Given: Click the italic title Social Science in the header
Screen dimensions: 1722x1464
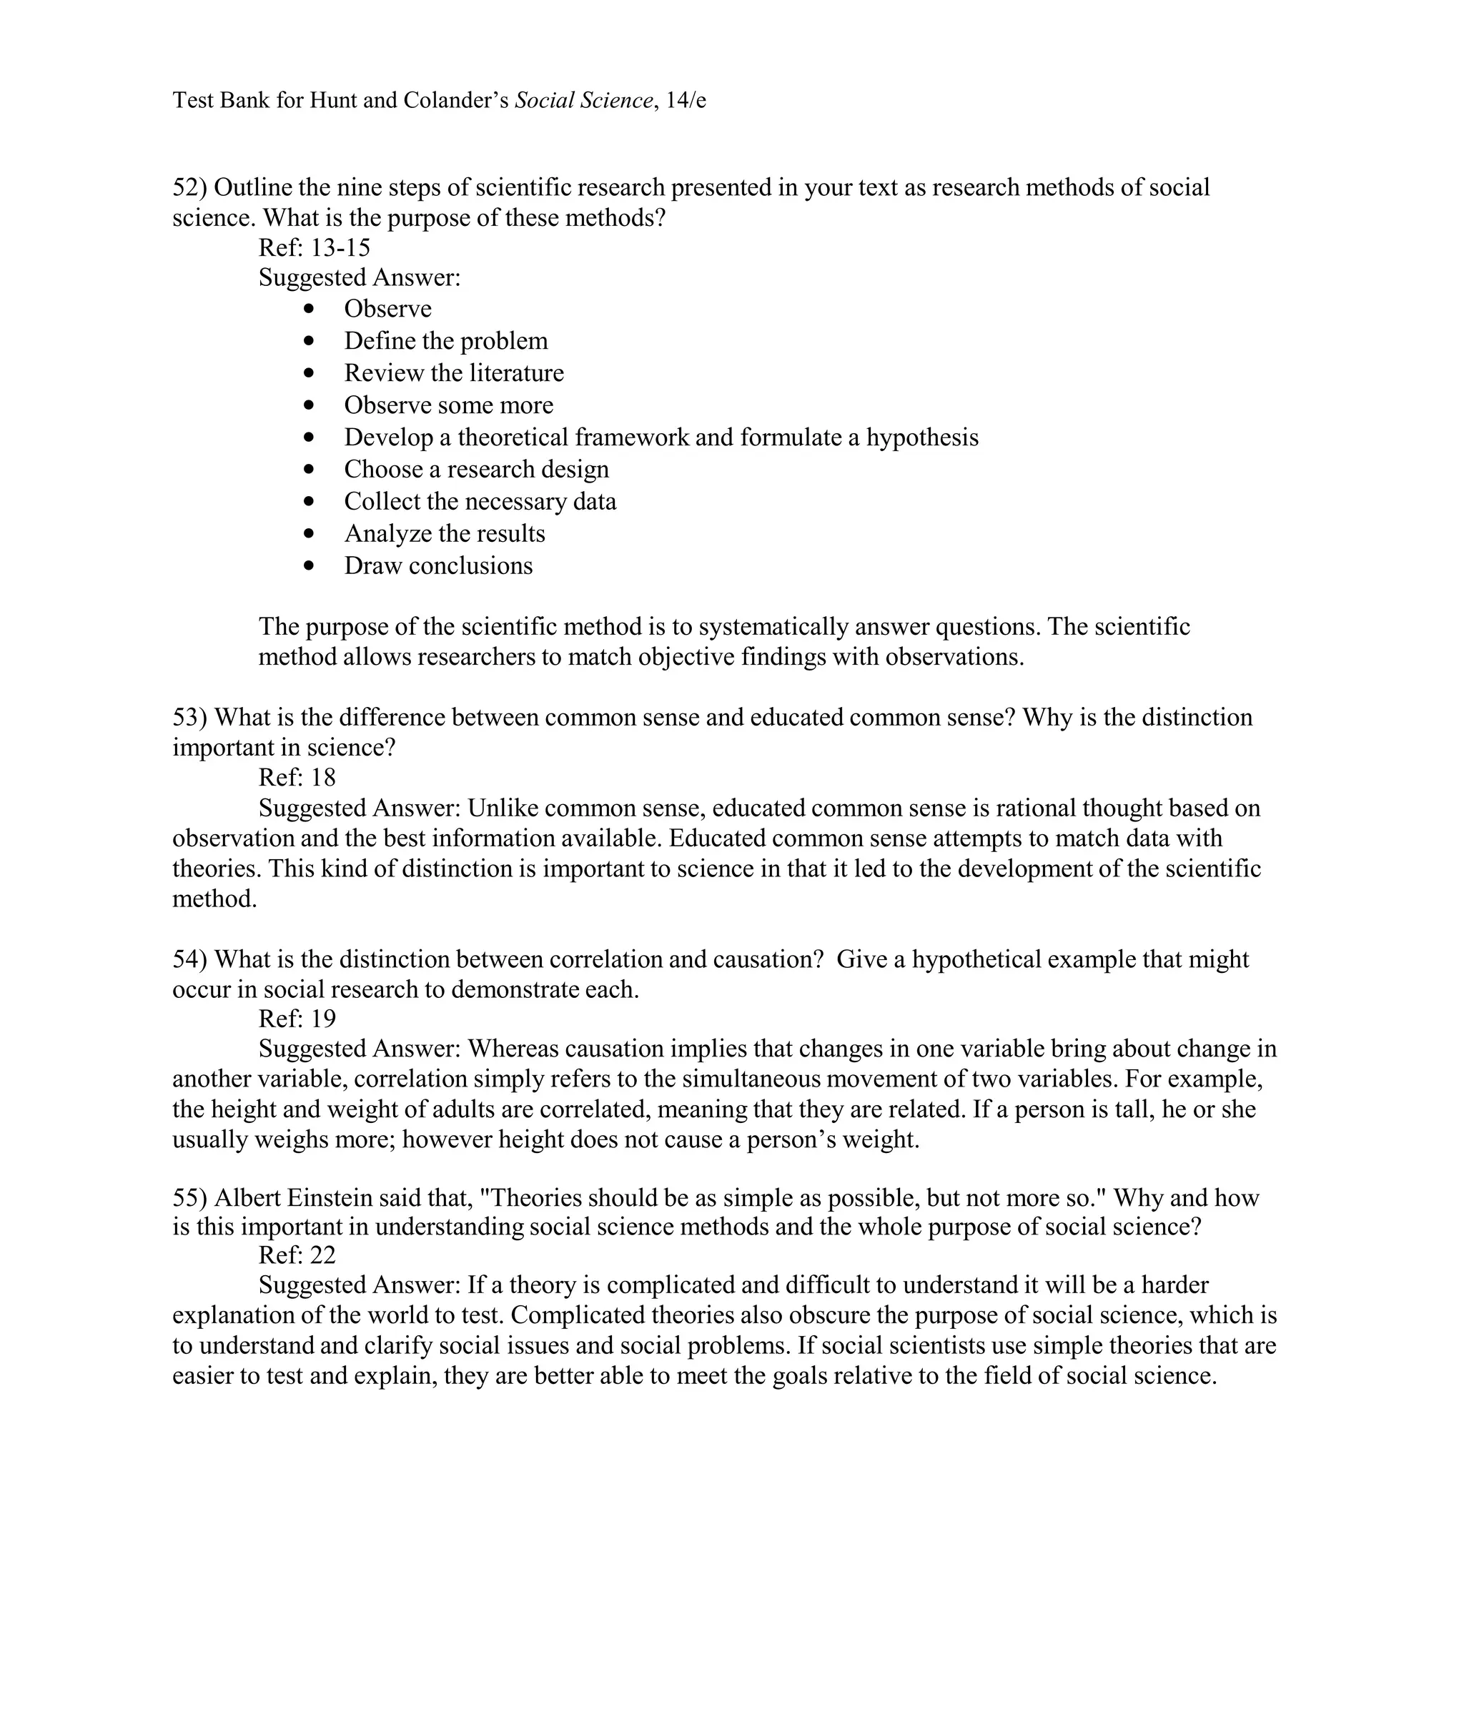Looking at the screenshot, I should tap(583, 100).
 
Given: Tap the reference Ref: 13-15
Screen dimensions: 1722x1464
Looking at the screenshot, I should tap(315, 247).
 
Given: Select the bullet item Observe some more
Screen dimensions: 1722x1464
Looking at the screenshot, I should tap(448, 405).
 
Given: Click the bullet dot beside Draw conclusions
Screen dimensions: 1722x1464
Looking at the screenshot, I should tap(310, 566).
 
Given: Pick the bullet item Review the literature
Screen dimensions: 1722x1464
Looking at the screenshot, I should tap(453, 372).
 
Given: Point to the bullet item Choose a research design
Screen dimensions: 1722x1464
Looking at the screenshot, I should tap(475, 469).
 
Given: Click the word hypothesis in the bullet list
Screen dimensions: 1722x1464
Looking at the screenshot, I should tap(922, 437).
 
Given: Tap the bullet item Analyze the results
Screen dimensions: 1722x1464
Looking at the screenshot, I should tap(444, 533).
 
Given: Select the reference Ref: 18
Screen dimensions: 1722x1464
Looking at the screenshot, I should tap(297, 777).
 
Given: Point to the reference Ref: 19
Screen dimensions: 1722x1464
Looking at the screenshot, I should tap(297, 1019).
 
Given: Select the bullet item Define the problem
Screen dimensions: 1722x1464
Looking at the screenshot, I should tap(445, 341).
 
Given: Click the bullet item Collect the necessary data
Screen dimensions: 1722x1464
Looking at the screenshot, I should tap(480, 501).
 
